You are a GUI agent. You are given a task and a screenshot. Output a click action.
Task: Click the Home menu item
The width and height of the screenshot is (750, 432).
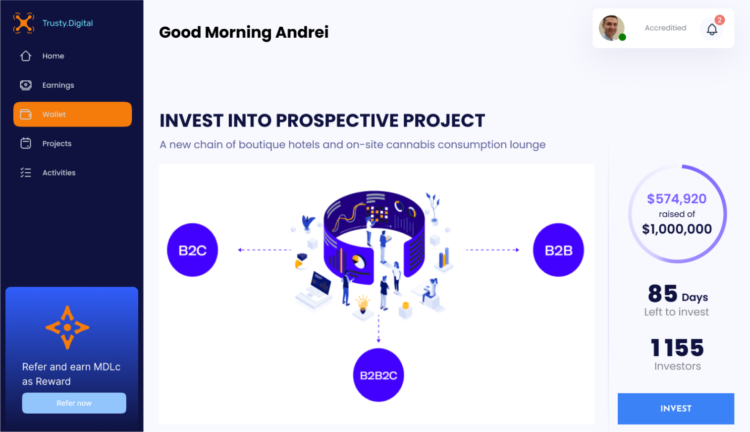point(42,56)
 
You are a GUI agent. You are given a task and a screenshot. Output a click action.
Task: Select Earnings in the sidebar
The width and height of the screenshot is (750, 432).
point(47,85)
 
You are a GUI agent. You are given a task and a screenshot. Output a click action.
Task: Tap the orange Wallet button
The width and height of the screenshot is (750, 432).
point(73,114)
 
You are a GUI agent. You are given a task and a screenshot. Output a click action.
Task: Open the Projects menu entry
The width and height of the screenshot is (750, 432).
point(46,143)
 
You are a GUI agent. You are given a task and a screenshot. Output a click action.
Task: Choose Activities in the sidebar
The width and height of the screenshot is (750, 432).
point(48,173)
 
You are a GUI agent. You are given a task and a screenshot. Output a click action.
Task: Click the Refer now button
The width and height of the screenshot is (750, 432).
point(74,403)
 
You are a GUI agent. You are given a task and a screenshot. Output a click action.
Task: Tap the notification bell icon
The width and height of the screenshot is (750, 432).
point(712,29)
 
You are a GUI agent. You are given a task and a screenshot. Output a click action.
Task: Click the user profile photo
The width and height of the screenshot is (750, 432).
point(611,28)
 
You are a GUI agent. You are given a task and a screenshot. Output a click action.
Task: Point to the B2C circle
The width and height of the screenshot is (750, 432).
point(193,250)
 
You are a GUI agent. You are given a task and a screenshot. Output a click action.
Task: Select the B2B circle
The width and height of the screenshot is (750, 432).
point(558,250)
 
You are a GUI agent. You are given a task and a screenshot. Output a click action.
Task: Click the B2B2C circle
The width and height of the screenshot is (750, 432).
point(378,375)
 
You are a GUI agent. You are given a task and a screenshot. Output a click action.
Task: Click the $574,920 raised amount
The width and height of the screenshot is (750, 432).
point(677,199)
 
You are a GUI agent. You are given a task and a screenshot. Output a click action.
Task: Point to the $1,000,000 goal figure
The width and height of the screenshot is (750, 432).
point(677,229)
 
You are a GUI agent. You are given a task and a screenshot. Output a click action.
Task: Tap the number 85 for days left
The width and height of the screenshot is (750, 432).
point(663,294)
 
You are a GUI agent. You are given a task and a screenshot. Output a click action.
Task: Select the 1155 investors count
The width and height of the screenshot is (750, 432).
point(677,348)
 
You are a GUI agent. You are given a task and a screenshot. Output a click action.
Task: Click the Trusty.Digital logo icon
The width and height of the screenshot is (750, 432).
point(23,23)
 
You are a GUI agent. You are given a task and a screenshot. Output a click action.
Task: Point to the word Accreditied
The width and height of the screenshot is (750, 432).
point(665,28)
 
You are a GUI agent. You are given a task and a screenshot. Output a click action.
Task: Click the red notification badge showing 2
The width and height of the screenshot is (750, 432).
point(719,20)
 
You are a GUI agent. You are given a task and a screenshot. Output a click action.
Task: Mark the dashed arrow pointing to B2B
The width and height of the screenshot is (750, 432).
point(492,249)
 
